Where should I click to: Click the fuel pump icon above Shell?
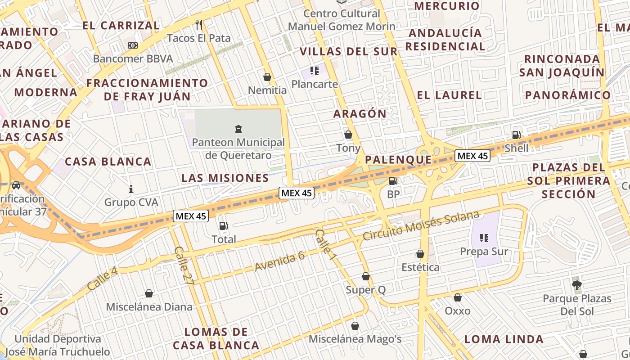point(516,135)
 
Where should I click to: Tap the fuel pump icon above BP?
point(393,181)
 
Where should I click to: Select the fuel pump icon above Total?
point(223,226)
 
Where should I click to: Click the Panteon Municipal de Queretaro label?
point(238,149)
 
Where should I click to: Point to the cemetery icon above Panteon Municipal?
point(238,130)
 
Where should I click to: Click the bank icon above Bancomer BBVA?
point(133,45)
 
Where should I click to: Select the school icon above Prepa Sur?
point(484,238)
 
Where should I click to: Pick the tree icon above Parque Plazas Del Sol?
point(576,284)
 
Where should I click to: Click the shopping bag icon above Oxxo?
point(458,297)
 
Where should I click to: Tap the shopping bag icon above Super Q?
point(366,276)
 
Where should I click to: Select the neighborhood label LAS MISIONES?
point(225,178)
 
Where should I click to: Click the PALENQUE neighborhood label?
point(398,160)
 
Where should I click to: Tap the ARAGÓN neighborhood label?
point(360,114)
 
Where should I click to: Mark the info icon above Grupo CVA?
point(131,189)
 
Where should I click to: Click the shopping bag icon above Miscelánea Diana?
point(149,294)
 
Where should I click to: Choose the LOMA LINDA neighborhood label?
point(504,339)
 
